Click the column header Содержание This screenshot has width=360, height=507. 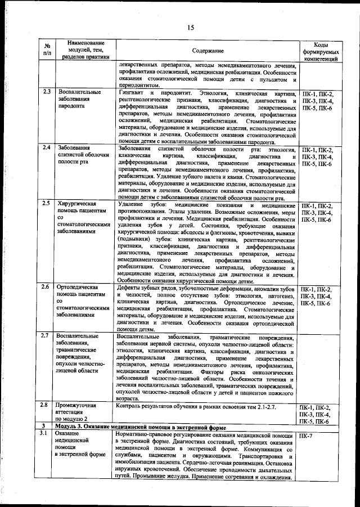[207, 51]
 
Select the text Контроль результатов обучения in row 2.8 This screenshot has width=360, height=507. [155, 406]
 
